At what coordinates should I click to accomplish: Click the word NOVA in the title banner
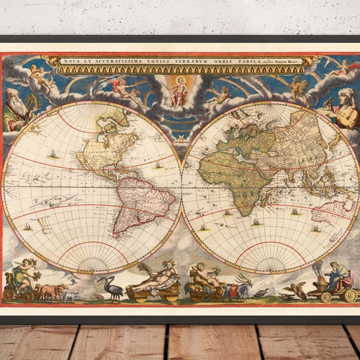point(71,61)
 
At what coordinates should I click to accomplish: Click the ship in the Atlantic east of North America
point(158,165)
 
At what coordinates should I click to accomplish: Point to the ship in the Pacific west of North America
point(53,153)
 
